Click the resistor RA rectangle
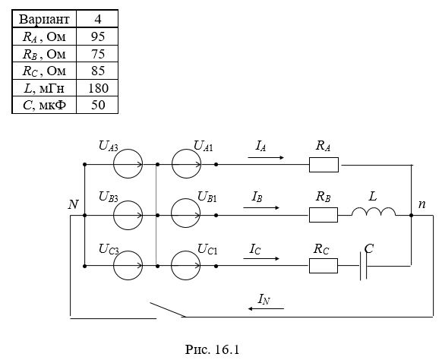tap(324, 165)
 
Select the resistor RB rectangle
tap(324, 215)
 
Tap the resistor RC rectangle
tap(324, 266)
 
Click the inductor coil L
tap(374, 211)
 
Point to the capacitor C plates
tap(363, 266)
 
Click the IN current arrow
tap(266, 308)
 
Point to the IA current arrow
tap(266, 157)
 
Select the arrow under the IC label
tap(261, 258)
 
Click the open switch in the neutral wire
tap(167, 310)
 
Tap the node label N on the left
tap(74, 204)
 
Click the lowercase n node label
tap(421, 204)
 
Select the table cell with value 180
tap(97, 88)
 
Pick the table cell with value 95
tap(97, 36)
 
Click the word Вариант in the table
tap(44, 19)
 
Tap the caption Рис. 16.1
tap(212, 349)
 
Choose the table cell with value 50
tap(97, 105)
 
